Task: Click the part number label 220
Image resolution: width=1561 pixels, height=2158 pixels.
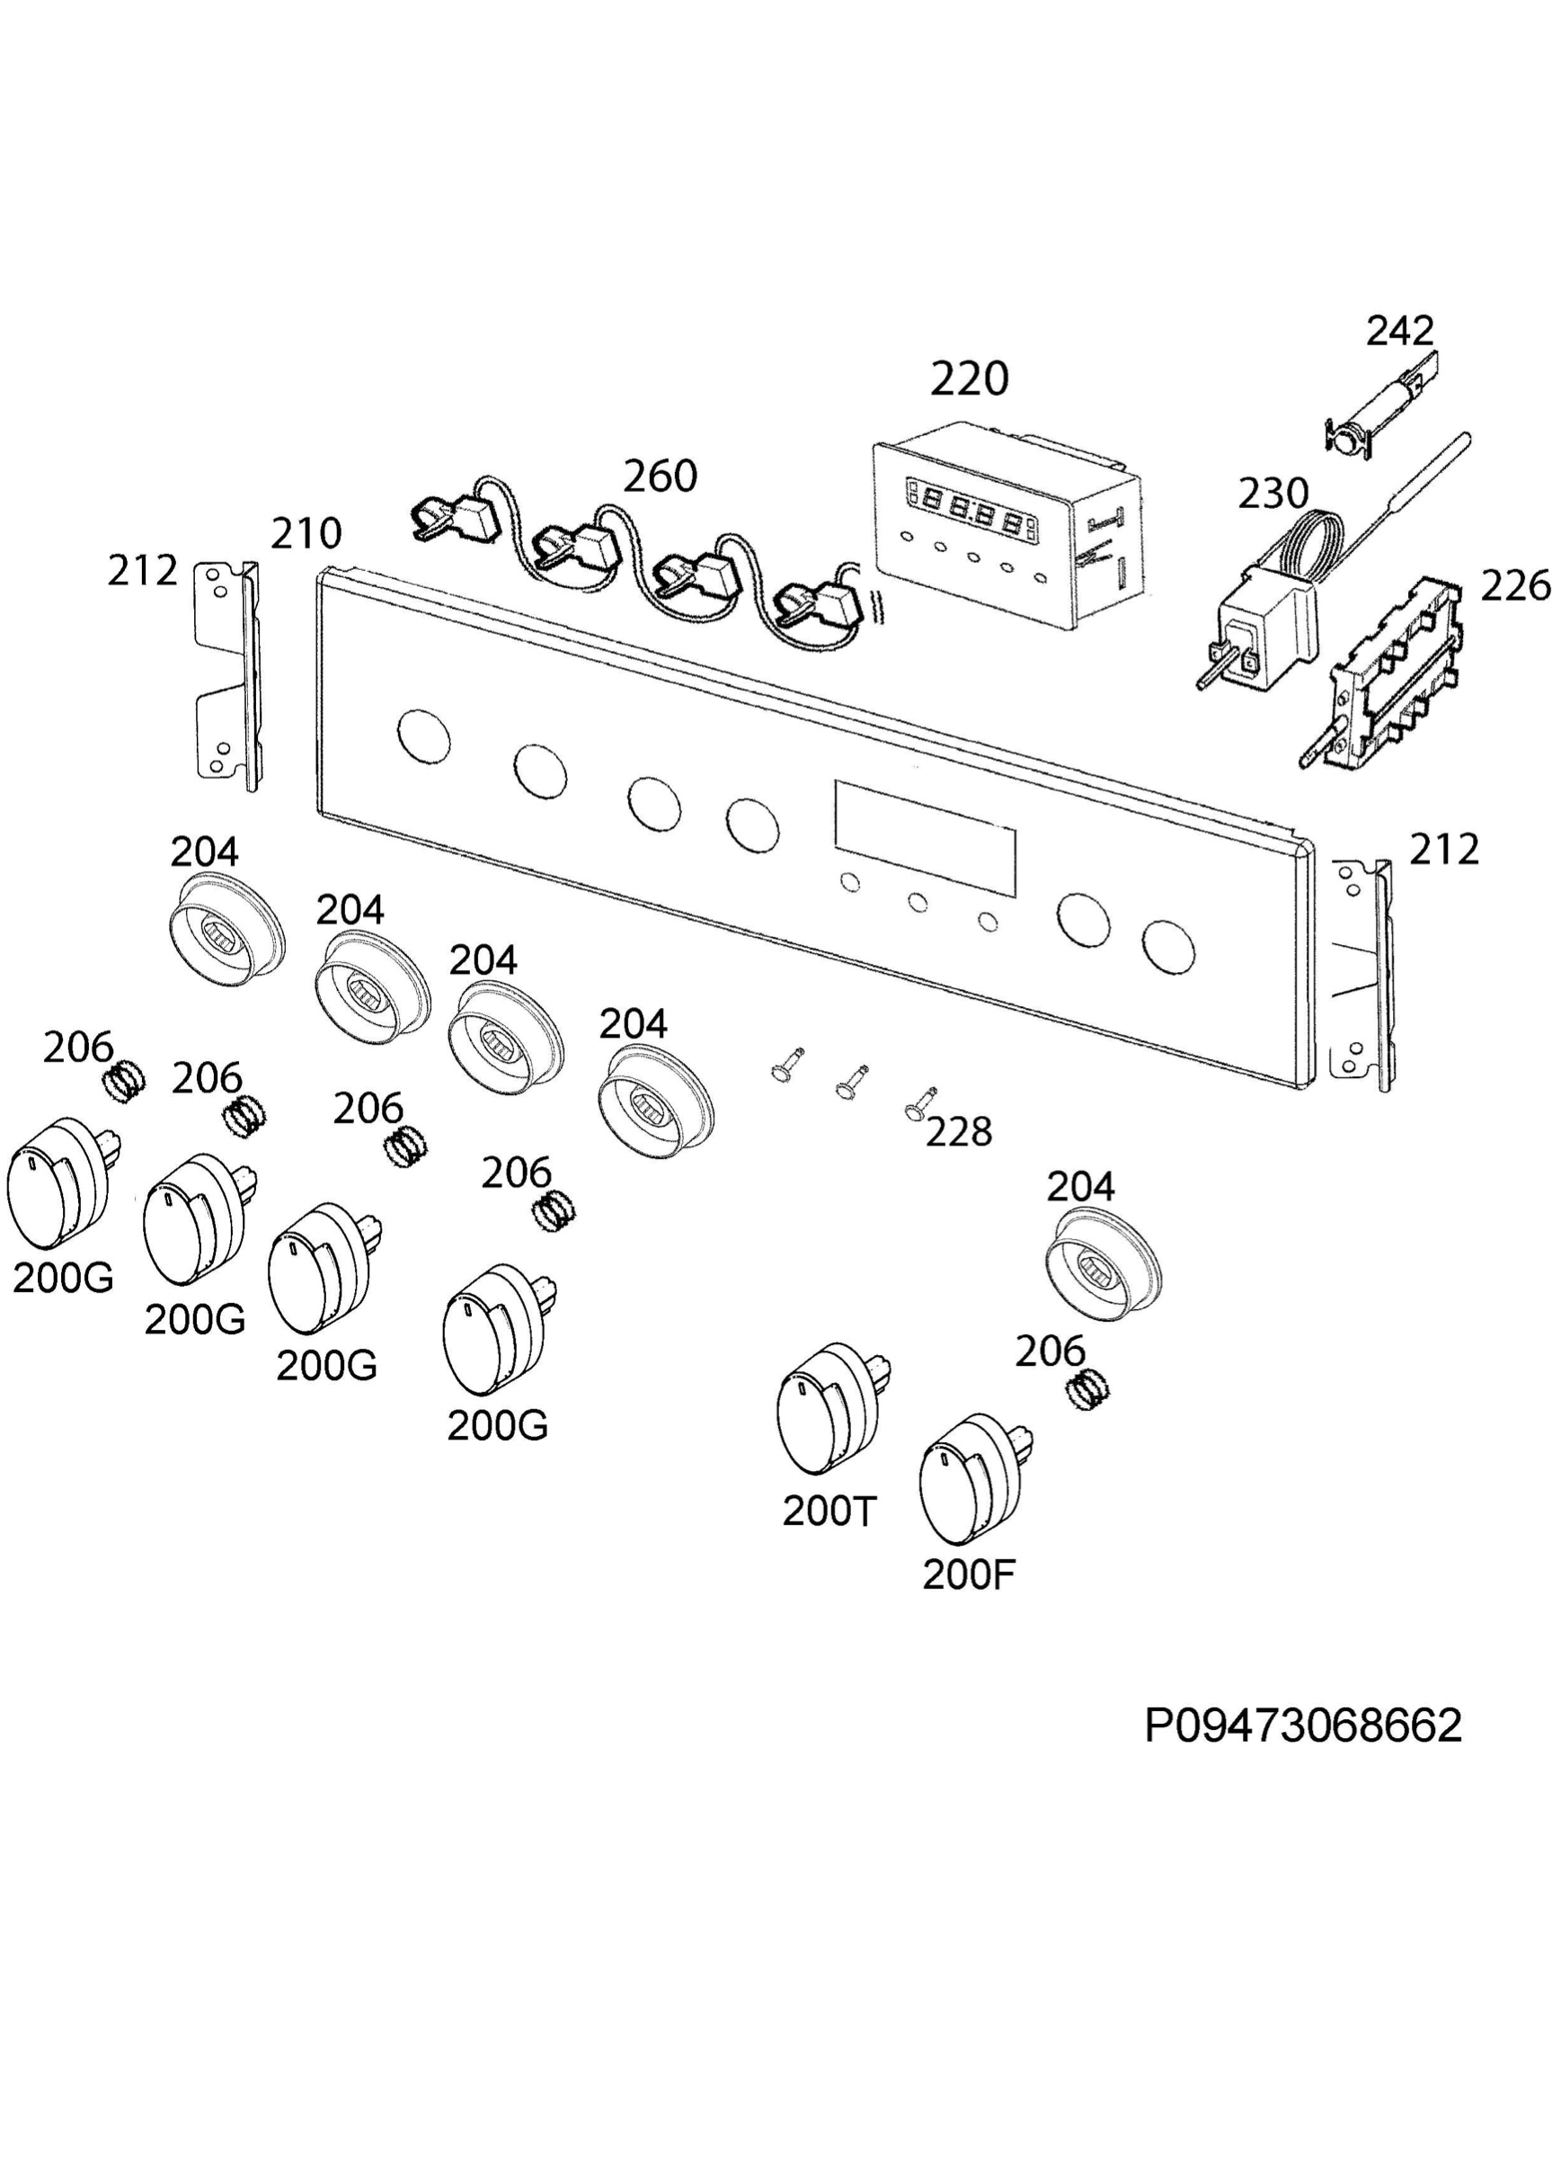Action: click(969, 379)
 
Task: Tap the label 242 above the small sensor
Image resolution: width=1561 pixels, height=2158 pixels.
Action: click(1399, 330)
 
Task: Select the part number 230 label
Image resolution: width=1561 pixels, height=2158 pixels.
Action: click(1273, 493)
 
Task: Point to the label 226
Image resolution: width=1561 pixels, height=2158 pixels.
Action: click(1515, 586)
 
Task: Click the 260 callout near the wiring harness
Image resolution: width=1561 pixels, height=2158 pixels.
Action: click(661, 476)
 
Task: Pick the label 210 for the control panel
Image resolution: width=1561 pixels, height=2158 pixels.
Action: click(306, 534)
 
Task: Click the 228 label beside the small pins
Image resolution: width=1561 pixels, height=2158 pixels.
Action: click(959, 1132)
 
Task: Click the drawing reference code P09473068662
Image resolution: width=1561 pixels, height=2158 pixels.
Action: click(1303, 1726)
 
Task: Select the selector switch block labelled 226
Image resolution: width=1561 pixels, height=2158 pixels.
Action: click(1384, 671)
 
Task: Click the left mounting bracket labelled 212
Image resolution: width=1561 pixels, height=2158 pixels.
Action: click(228, 673)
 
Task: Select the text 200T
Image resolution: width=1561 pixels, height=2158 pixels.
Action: click(829, 1511)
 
